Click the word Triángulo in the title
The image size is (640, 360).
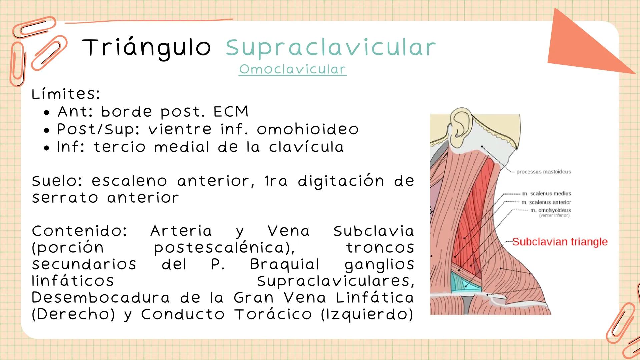146,48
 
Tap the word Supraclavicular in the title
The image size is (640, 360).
331,48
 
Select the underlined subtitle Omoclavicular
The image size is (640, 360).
292,69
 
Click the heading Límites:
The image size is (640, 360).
66,94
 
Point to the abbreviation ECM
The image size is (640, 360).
231,112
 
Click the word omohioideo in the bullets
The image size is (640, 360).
307,129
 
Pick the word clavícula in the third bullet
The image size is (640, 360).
306,147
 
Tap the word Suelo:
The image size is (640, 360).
57,181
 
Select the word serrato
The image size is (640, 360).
65,198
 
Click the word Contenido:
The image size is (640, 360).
79,231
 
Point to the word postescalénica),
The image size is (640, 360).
224,248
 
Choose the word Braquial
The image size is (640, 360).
285,264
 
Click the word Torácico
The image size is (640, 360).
273,314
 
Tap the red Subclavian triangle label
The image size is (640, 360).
560,242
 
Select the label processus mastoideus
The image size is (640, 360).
544,172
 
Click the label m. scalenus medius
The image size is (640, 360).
546,193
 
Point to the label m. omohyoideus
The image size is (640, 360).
550,210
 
